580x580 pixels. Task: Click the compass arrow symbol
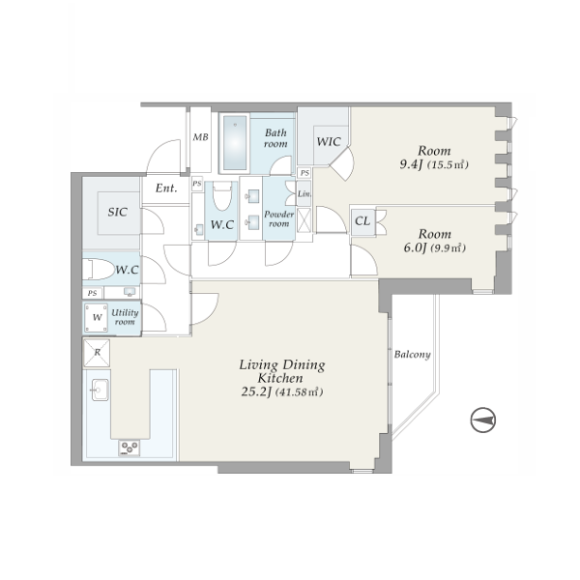point(483,420)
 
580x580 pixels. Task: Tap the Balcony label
point(412,355)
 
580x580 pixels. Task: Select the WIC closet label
point(329,142)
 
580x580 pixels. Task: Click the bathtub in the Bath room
point(235,142)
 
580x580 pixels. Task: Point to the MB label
point(200,137)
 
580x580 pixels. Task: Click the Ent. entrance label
point(166,188)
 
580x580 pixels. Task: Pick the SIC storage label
point(118,212)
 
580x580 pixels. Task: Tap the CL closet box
point(362,221)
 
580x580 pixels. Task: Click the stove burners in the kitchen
point(130,448)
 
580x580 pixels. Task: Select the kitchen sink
point(100,390)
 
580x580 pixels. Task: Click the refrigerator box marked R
point(97,352)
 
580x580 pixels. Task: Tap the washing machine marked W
point(96,317)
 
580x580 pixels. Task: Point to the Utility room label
point(125,317)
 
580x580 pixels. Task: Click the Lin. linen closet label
point(304,193)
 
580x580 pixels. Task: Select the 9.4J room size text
point(411,164)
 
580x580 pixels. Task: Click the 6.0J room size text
point(415,247)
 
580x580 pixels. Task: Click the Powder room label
point(279,219)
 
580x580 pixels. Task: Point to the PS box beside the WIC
point(304,173)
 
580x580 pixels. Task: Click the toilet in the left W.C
point(99,270)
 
